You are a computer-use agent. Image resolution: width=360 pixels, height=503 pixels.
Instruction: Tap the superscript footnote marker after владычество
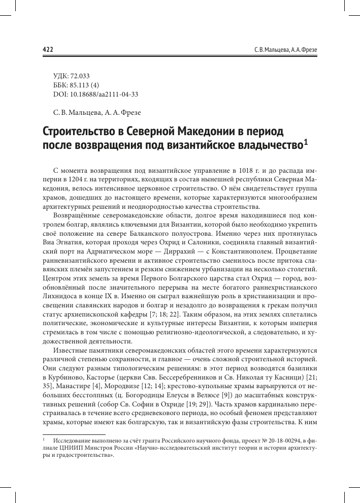pos(305,143)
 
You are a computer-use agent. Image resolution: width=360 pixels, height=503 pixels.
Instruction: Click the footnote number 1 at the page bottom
pos(44,441)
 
